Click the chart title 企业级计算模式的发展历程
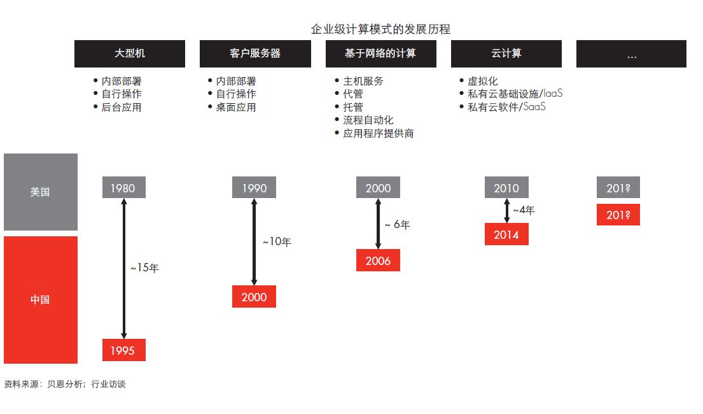coord(380,29)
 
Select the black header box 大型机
coord(130,54)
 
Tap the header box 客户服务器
coord(255,54)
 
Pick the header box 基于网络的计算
coord(380,54)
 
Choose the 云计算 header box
coord(506,54)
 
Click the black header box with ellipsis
coord(631,54)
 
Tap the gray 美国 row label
coord(41,192)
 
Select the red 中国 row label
coord(41,300)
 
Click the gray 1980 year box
coord(124,188)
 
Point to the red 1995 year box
coord(124,350)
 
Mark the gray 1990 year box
coord(254,188)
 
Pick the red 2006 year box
coord(378,261)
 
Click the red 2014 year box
coord(506,234)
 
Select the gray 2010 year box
coord(506,188)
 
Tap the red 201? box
coord(618,215)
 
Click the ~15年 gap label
coord(144,268)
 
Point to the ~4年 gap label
coord(524,210)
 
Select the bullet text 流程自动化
coord(368,120)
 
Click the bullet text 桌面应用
coord(236,107)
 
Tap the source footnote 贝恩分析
coord(65,384)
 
